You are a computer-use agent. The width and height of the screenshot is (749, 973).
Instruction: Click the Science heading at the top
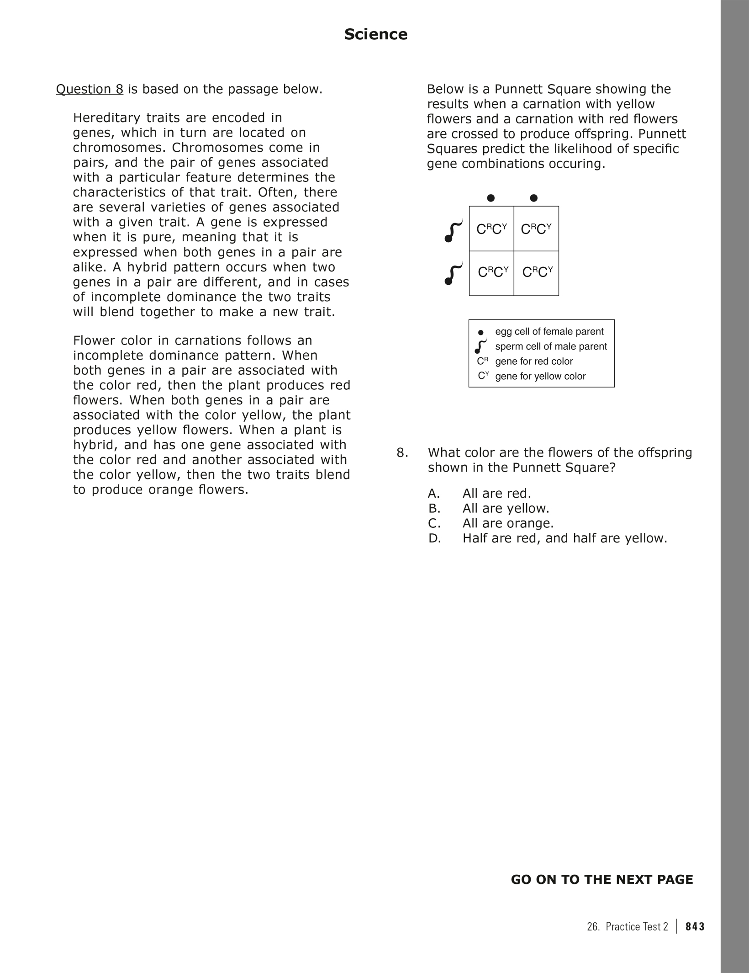pyautogui.click(x=375, y=34)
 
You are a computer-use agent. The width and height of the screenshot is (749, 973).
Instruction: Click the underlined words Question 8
pyautogui.click(x=90, y=89)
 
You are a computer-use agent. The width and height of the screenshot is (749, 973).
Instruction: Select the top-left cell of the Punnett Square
pyautogui.click(x=491, y=229)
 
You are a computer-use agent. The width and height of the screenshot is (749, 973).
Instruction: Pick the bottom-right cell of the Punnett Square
pyautogui.click(x=537, y=273)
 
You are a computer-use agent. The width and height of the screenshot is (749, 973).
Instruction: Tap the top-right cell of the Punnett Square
pyautogui.click(x=536, y=229)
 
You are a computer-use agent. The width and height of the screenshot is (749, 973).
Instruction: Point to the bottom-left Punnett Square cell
pyautogui.click(x=492, y=273)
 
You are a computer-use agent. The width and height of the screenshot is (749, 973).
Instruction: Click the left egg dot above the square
pyautogui.click(x=491, y=198)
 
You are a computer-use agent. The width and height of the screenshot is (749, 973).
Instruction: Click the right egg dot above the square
pyautogui.click(x=534, y=198)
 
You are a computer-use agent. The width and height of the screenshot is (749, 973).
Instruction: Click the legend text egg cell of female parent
pyautogui.click(x=549, y=331)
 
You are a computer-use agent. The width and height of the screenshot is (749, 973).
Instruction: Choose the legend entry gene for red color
pyautogui.click(x=533, y=361)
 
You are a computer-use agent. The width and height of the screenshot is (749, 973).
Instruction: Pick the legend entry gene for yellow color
pyautogui.click(x=540, y=376)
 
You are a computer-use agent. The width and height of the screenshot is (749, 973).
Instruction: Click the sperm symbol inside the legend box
pyautogui.click(x=481, y=346)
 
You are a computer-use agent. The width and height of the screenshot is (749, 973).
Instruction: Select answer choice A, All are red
pyautogui.click(x=496, y=494)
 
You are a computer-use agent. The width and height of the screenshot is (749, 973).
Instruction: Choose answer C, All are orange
pyautogui.click(x=507, y=523)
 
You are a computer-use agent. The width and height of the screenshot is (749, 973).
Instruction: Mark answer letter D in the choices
pyautogui.click(x=434, y=538)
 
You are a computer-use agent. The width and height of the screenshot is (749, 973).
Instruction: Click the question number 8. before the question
pyautogui.click(x=402, y=453)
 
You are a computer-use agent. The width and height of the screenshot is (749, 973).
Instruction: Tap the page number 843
pyautogui.click(x=695, y=926)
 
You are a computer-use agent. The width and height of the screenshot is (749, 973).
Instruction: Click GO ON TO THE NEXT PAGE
pyautogui.click(x=601, y=880)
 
